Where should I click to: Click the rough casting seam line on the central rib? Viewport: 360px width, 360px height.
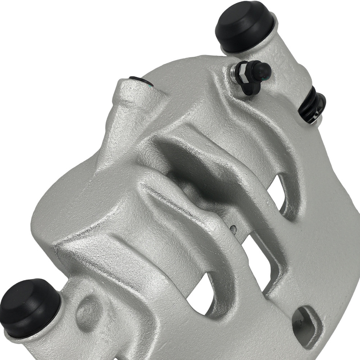169,198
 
